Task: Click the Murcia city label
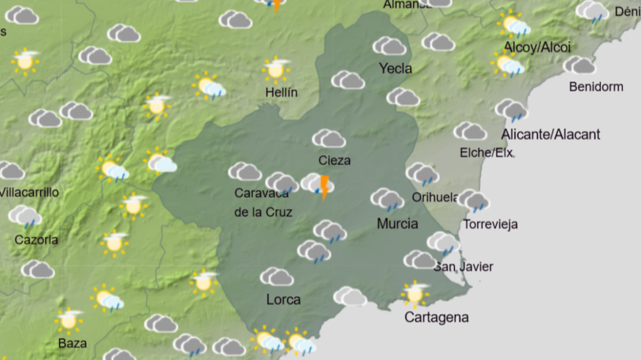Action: [398, 224]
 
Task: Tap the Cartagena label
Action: [436, 317]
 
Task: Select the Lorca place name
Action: [283, 299]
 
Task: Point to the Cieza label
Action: [334, 160]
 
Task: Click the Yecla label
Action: [395, 69]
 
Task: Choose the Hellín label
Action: [282, 92]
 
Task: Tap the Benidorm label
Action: [596, 87]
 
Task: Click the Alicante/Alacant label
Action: [551, 134]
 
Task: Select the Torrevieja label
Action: [491, 224]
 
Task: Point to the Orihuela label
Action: [435, 196]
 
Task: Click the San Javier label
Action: [464, 267]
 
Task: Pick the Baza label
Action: [72, 342]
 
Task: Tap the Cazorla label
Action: [37, 240]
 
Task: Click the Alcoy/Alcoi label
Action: [537, 48]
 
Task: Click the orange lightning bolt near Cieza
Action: [323, 188]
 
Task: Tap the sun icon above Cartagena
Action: [415, 294]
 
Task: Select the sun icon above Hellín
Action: [276, 69]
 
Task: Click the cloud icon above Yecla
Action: [389, 46]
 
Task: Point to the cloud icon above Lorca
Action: [276, 276]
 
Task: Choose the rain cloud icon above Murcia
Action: [387, 199]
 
